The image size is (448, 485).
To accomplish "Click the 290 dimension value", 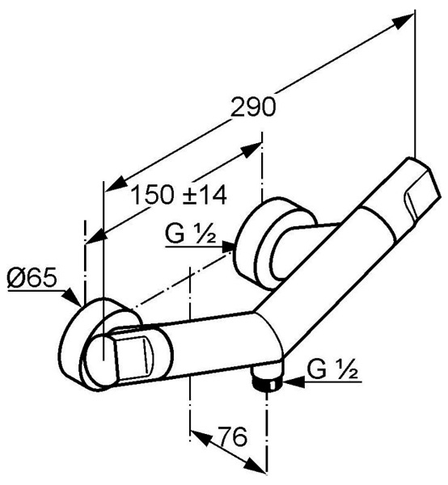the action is (253, 107).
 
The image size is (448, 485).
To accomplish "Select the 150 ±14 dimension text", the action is (180, 195).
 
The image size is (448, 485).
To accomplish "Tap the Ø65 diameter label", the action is (32, 276).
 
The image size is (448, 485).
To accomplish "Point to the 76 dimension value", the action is (232, 436).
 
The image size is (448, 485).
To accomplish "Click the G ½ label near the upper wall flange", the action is (190, 234).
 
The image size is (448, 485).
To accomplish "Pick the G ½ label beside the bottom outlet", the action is (333, 369).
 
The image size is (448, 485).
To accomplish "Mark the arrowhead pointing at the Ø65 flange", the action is (70, 297).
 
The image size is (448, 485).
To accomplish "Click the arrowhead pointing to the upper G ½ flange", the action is (229, 247).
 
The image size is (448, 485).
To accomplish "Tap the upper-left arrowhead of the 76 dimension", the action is (201, 436).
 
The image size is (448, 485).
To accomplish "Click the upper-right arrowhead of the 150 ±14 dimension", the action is (251, 150).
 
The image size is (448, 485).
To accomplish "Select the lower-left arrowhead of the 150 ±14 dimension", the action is (96, 238).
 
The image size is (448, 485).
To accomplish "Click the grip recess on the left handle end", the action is (133, 355).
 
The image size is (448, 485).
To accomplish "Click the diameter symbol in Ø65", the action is (15, 277).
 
